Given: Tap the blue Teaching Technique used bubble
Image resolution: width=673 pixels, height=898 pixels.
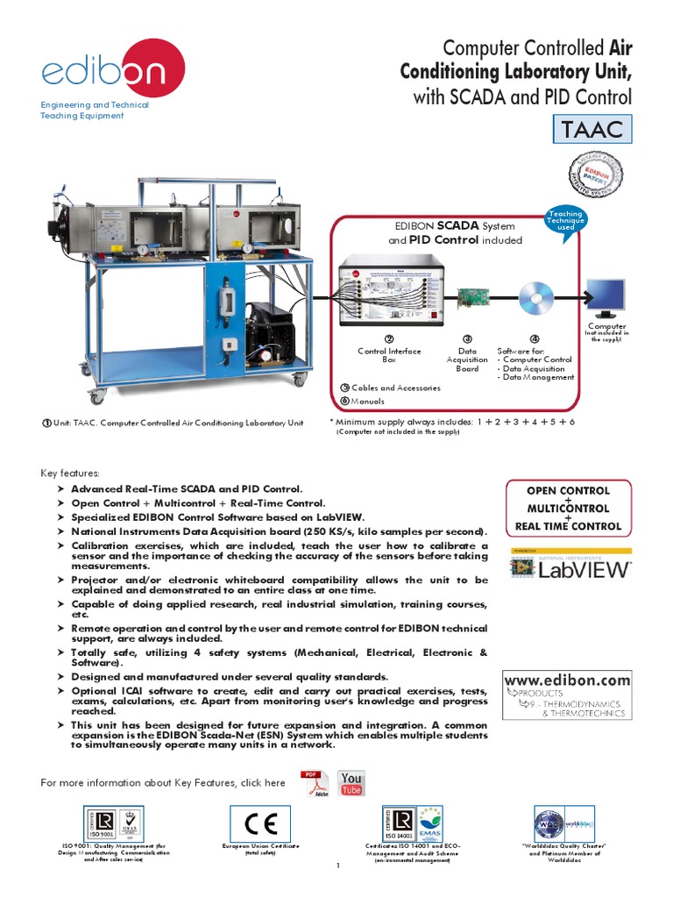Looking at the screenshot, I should click(564, 221).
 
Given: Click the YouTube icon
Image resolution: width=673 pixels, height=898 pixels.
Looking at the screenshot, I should click(351, 784).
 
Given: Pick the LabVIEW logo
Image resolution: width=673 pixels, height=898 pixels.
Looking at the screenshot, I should click(570, 568).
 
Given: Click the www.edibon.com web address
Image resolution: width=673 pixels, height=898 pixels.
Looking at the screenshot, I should click(567, 680).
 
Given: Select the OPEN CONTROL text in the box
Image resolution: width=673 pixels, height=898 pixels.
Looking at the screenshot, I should click(567, 490).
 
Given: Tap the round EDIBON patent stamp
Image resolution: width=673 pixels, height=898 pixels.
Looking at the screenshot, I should click(601, 173).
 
